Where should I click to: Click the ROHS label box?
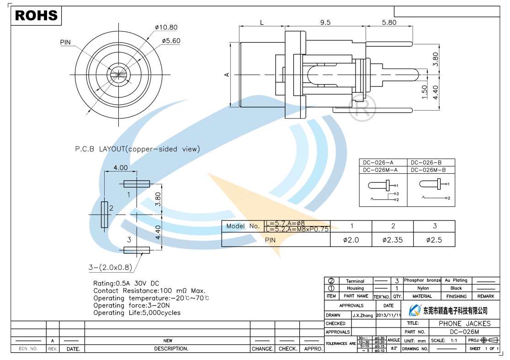pyautogui.click(x=36, y=16)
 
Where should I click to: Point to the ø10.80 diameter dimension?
pyautogui.click(x=166, y=27)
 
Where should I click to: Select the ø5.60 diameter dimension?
pyautogui.click(x=171, y=41)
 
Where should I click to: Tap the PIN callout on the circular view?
pyautogui.click(x=66, y=42)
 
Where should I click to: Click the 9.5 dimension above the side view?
pyautogui.click(x=325, y=22)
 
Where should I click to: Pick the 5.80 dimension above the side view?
pyautogui.click(x=389, y=22)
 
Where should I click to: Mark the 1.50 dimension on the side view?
pyautogui.click(x=424, y=92)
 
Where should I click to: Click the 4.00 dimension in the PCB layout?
pyautogui.click(x=121, y=167)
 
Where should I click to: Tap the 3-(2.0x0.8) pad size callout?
pyautogui.click(x=110, y=267)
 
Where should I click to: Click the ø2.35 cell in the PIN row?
pyautogui.click(x=392, y=240)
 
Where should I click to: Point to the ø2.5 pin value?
pyautogui.click(x=434, y=240)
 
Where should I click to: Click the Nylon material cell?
pyautogui.click(x=423, y=288)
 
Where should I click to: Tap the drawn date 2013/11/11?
pyautogui.click(x=388, y=315)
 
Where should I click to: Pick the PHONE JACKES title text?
pyautogui.click(x=464, y=323)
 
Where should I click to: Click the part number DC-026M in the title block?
pyautogui.click(x=464, y=332)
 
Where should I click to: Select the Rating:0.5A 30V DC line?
pyautogui.click(x=126, y=284)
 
